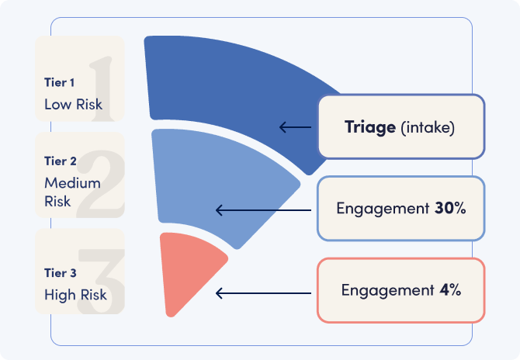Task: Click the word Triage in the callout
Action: coord(370,127)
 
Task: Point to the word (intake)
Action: coord(428,127)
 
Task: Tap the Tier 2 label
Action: coord(61,162)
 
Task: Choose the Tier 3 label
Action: coord(61,272)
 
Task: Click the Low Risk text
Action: coord(73,103)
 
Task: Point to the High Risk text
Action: coord(76,295)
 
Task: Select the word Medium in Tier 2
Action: coord(72,184)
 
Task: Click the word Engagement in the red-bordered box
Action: coord(383,290)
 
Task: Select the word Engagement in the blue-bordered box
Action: coord(380,209)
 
